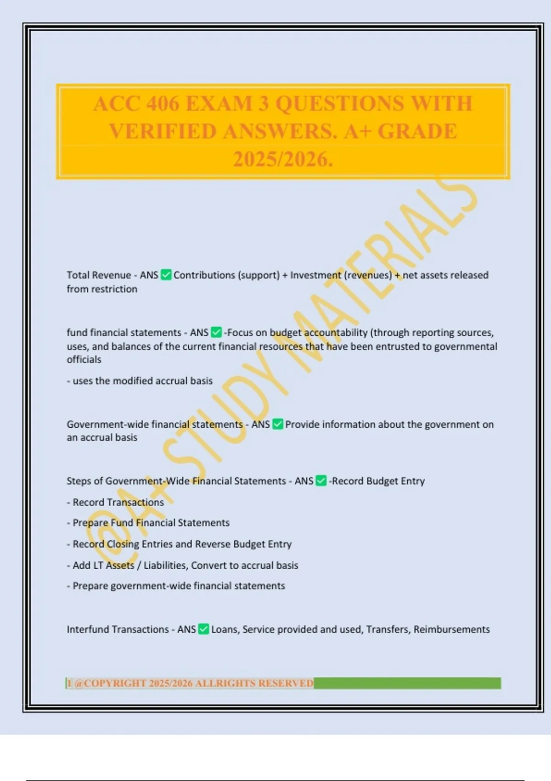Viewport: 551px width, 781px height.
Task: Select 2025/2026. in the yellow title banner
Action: [283, 159]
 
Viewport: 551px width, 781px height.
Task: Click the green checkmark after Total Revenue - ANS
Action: [166, 275]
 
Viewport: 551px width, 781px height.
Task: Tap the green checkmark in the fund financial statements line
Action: [216, 332]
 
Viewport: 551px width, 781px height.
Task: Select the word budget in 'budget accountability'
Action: [285, 332]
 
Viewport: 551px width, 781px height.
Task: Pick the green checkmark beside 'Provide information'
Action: [278, 424]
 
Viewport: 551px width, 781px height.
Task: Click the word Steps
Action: [79, 481]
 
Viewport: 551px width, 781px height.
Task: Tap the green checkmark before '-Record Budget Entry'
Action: [321, 481]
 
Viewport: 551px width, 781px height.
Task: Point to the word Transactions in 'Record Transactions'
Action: [135, 502]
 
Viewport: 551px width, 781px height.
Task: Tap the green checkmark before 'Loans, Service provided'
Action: [204, 629]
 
